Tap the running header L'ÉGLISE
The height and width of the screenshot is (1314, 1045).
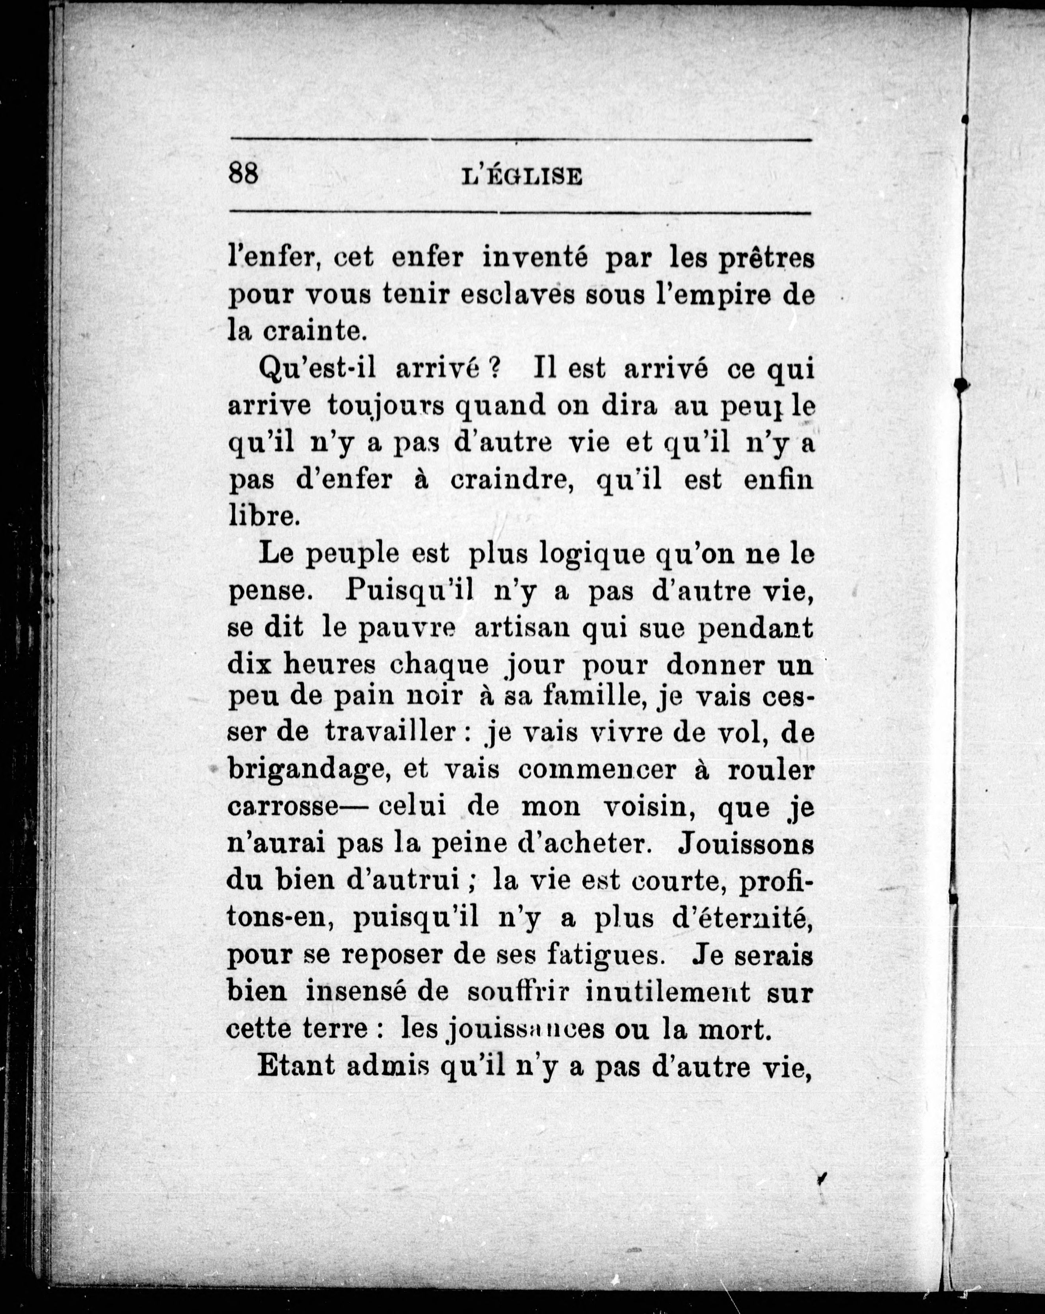[x=522, y=177]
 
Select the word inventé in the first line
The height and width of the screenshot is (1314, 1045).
[x=535, y=258]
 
